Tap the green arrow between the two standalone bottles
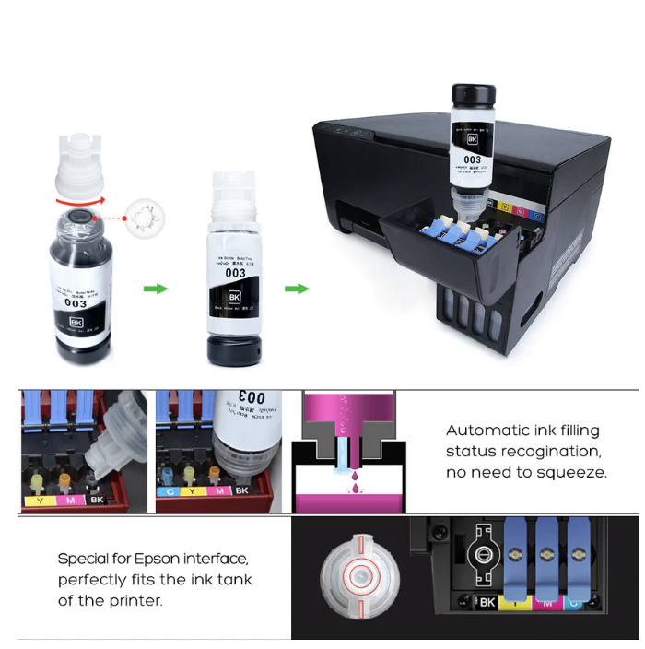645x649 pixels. click(156, 289)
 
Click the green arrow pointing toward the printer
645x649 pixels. click(296, 289)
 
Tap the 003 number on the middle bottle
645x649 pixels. click(236, 273)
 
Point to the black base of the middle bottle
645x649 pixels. click(235, 350)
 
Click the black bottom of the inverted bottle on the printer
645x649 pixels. click(473, 96)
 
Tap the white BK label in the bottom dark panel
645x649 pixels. click(485, 602)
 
